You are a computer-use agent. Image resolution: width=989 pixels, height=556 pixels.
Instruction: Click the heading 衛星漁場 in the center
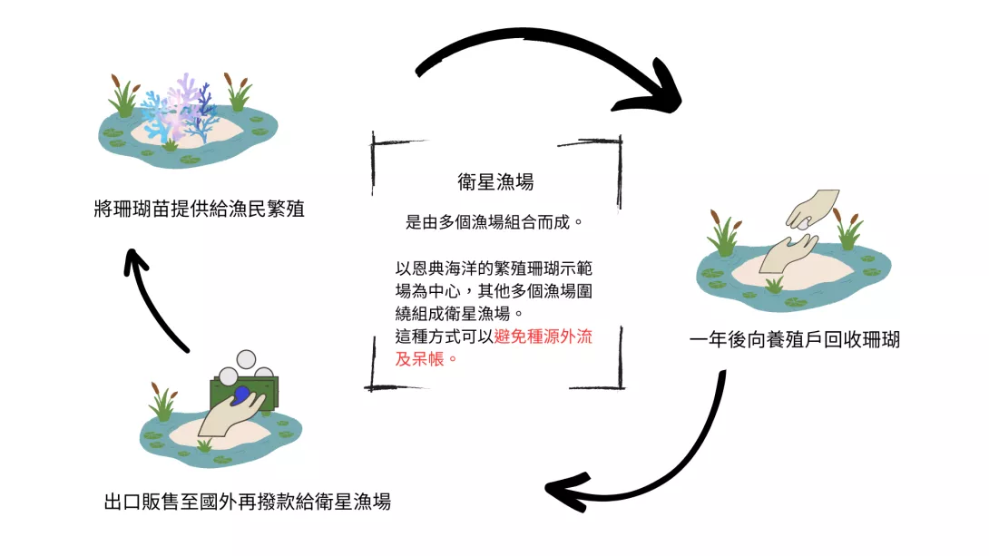(x=494, y=182)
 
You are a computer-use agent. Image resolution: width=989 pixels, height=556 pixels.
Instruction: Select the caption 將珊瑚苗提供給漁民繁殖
(x=199, y=209)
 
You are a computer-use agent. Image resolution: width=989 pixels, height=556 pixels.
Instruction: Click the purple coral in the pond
(x=187, y=95)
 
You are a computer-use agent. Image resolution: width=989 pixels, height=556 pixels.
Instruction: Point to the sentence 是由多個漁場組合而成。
(x=494, y=221)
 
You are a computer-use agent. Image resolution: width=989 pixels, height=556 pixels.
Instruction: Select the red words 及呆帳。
(x=422, y=357)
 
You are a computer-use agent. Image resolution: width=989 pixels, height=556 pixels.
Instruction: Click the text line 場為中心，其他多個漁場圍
(x=494, y=290)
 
